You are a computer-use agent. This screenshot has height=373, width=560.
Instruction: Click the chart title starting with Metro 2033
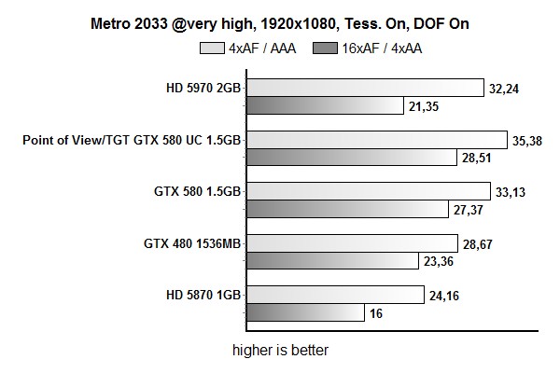pos(279,21)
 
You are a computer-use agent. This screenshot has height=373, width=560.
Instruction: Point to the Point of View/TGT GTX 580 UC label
pos(133,141)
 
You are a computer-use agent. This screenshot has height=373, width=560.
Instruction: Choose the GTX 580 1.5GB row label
pos(198,192)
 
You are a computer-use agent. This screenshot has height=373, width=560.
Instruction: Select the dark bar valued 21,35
pos(324,107)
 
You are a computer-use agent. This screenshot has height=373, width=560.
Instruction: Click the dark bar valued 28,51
pos(350,159)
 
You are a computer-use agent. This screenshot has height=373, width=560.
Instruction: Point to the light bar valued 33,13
pos(368,192)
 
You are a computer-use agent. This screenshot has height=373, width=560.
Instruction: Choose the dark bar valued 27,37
pos(346,210)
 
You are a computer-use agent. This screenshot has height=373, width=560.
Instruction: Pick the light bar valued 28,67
pos(351,243)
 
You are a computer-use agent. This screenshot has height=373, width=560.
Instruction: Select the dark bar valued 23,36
pos(331,261)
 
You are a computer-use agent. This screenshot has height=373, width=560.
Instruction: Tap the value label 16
pos(376,313)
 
